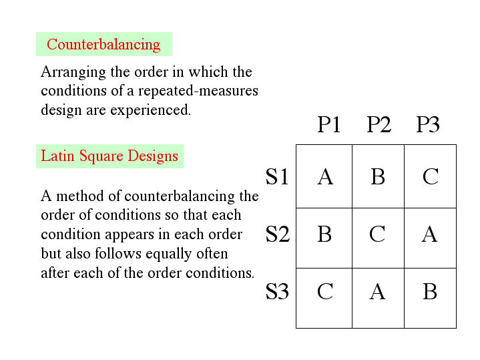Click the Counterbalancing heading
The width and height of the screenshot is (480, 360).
tap(103, 45)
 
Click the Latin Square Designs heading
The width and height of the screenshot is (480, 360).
tap(109, 156)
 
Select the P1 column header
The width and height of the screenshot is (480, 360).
tap(328, 124)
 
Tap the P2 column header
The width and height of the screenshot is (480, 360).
tap(379, 124)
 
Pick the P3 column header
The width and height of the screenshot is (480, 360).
tap(428, 124)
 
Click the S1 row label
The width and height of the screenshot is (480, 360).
tap(278, 176)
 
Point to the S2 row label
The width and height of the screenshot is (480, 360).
tap(278, 234)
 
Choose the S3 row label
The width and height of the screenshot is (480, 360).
tap(278, 292)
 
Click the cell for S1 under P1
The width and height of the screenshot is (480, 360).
tap(324, 176)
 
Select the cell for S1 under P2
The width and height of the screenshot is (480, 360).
tap(378, 176)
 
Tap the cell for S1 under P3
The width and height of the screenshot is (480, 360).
tap(430, 176)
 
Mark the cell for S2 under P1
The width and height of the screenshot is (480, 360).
tap(324, 234)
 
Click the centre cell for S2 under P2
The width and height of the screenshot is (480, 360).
tap(378, 234)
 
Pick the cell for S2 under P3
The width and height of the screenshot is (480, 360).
tap(430, 234)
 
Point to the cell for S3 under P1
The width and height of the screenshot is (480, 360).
tap(324, 293)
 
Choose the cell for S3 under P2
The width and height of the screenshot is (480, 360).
tap(378, 293)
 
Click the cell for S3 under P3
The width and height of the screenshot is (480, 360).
tap(430, 293)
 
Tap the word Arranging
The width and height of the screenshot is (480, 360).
tap(72, 72)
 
